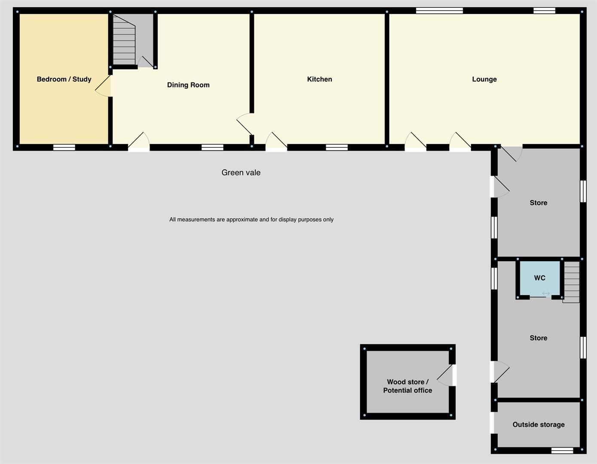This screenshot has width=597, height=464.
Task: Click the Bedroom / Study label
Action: coord(64,79)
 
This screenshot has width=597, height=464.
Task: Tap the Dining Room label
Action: coord(188,85)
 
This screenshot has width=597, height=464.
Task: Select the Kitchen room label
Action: coord(319,79)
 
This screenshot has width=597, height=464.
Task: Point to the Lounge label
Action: coord(484,79)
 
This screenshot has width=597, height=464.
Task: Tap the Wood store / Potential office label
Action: coord(408,386)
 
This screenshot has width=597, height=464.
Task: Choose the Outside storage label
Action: coord(539,424)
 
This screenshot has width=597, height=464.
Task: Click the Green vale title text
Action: coord(241,172)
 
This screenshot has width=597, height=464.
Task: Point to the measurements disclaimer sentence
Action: coord(251,220)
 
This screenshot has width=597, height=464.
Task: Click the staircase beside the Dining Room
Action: coord(124,40)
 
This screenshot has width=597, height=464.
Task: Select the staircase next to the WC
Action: coord(572,282)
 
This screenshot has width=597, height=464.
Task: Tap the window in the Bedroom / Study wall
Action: coord(64,147)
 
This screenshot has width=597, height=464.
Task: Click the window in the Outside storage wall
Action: coord(562,451)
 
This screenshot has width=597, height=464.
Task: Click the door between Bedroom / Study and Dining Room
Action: coord(103,85)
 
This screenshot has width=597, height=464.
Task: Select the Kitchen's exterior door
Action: coord(276,142)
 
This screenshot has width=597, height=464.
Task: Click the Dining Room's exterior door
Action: coord(139,142)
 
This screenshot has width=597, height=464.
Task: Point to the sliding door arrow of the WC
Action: coord(546,294)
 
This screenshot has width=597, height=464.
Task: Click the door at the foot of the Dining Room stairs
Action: coord(145,62)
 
